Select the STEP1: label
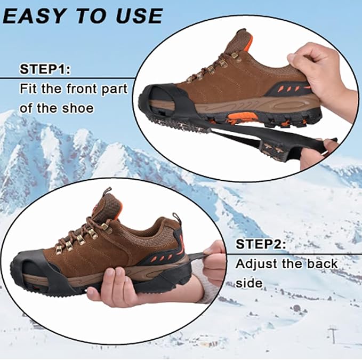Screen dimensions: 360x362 [47, 69]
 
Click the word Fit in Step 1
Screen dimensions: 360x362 [29, 89]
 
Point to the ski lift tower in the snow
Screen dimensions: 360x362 [333, 335]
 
